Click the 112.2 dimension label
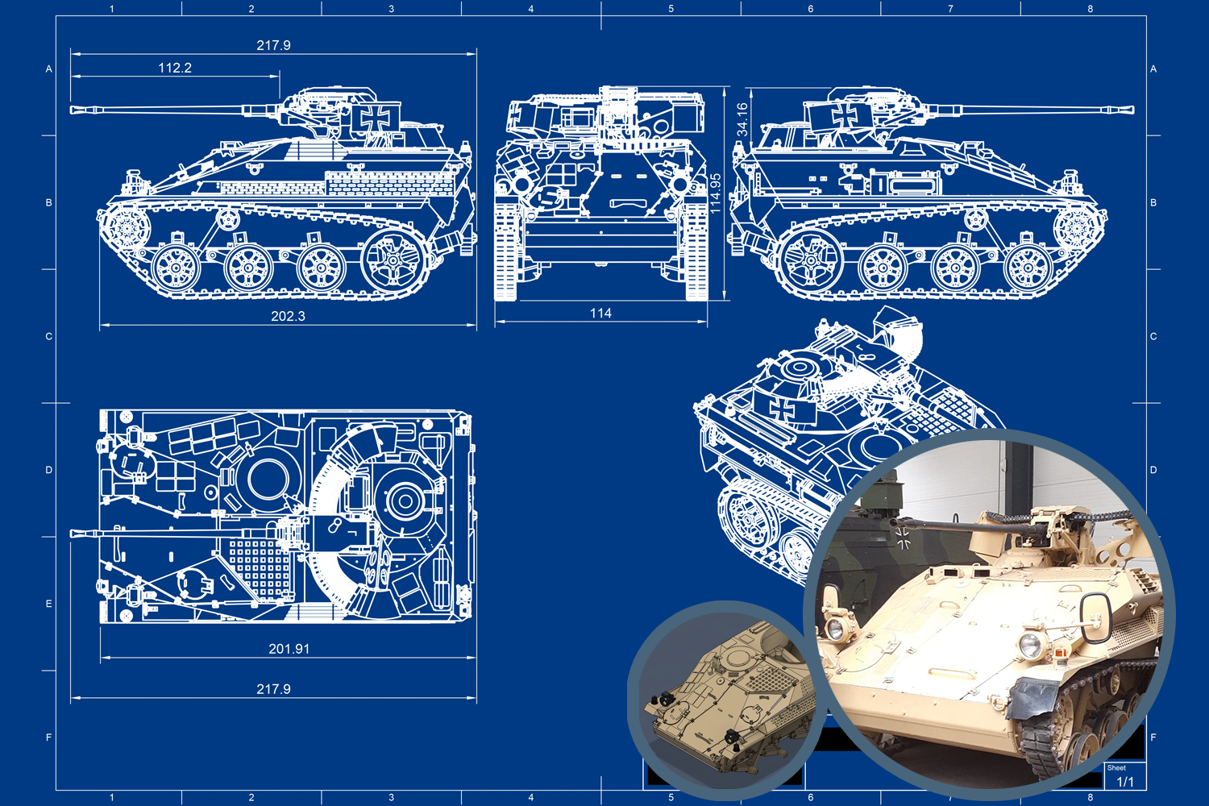click(175, 68)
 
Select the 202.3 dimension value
click(289, 316)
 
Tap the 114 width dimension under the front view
click(600, 313)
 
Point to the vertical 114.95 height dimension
click(715, 193)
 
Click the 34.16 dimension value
click(742, 119)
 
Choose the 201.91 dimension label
click(289, 648)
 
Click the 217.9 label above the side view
click(274, 45)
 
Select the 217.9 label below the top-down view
click(274, 689)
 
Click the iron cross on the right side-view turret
click(845, 114)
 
